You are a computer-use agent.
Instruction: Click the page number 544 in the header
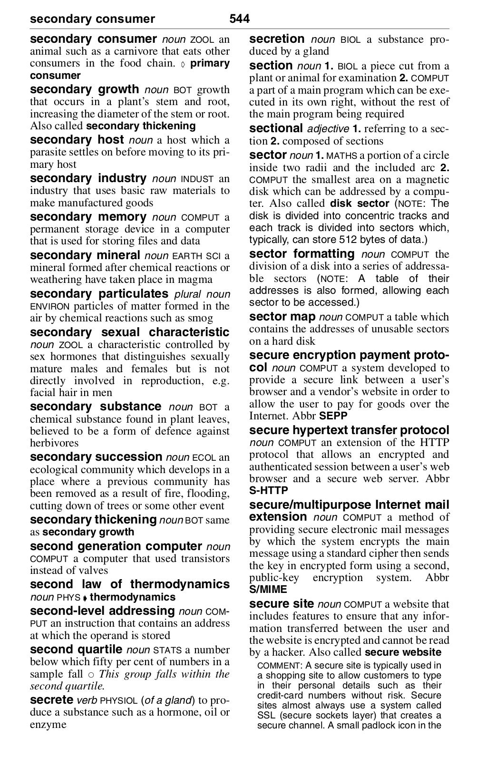pos(239,19)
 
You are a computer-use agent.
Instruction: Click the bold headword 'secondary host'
pos(77,140)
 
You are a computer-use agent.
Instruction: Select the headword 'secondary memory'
pos(88,217)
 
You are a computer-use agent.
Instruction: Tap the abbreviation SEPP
pos(333,416)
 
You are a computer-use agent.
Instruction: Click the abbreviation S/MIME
pos(268,590)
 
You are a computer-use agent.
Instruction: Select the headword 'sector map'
pos(282,317)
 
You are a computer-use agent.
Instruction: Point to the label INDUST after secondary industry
pos(198,179)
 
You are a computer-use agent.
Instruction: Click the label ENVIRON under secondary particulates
pos(49,307)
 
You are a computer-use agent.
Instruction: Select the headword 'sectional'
pos(276,128)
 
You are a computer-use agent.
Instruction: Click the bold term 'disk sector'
pos(359,204)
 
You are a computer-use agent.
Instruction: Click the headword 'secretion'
pos(277,39)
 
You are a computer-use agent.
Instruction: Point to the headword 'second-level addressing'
pos(102,611)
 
